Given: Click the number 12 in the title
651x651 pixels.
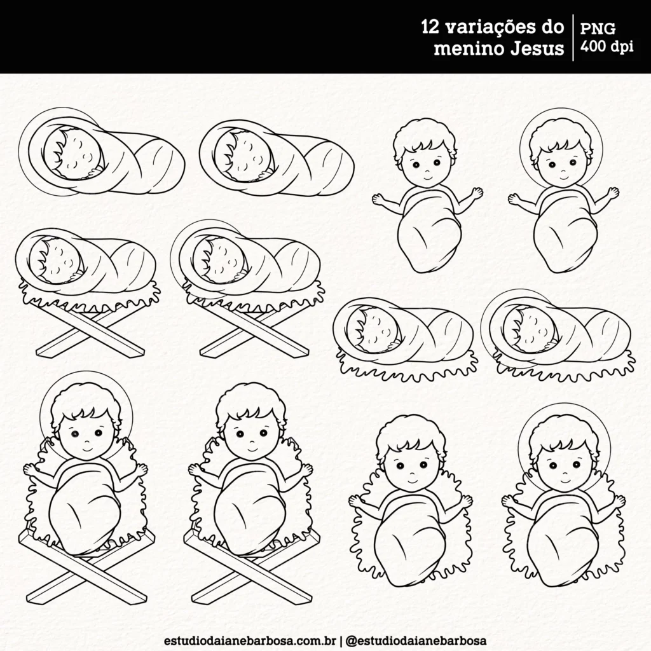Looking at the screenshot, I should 432,28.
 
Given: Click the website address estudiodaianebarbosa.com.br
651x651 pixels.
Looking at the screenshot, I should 250,638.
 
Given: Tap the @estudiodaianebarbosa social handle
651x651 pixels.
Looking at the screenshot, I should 418,638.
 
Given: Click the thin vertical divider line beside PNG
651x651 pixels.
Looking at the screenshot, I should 574,38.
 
